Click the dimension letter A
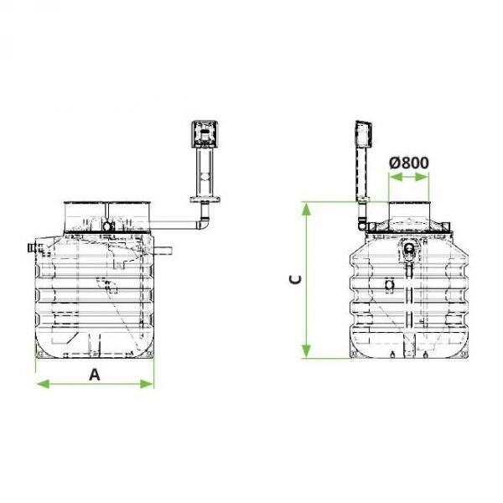pos(94,375)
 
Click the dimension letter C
pos(295,279)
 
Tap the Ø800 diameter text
pos(409,163)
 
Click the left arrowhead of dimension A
pos(43,384)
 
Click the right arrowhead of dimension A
pos(147,384)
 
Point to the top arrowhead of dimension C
pos(306,210)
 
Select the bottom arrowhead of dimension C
pos(306,350)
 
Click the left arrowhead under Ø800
pos(396,177)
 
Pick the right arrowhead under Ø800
pos(422,177)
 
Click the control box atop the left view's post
pos(205,134)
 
